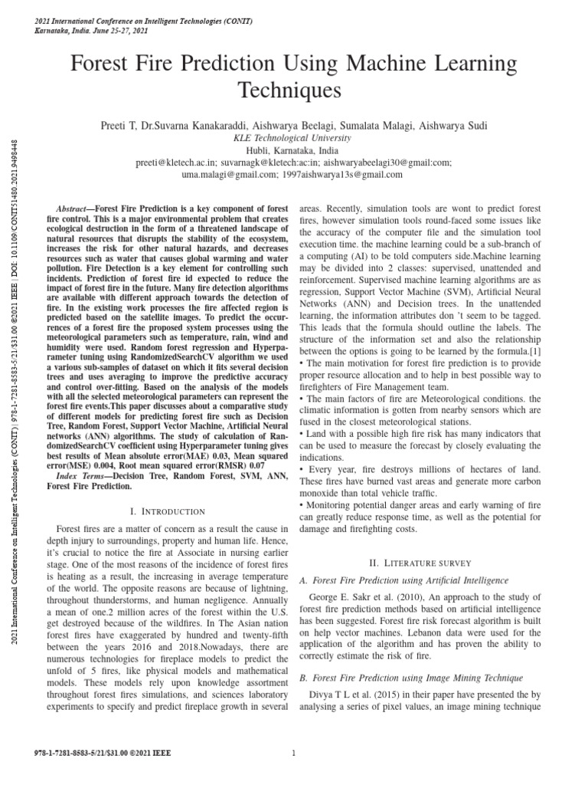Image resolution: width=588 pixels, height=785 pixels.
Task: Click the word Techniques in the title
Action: [x=294, y=92]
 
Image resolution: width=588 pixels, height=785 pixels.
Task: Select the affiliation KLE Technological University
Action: [x=294, y=138]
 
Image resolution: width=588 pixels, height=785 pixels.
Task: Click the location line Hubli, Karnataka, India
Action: [x=294, y=150]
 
